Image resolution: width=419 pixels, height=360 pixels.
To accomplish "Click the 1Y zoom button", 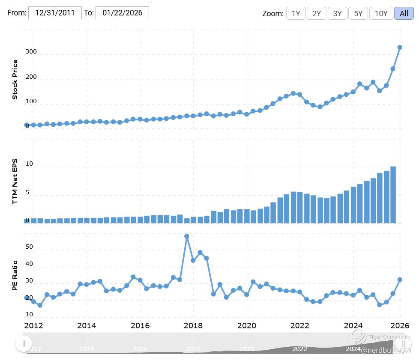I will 296,13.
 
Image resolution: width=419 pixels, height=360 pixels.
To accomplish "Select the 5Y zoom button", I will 358,13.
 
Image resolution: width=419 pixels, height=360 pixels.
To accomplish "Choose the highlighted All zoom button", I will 404,13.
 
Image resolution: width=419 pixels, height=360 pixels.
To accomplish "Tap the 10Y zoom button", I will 381,13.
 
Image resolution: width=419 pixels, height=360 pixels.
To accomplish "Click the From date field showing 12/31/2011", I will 55,13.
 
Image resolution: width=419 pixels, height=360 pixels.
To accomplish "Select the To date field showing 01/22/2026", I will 122,13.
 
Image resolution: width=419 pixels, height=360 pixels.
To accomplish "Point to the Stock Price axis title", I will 15,80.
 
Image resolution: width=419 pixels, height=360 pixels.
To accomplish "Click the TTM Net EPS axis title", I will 15,180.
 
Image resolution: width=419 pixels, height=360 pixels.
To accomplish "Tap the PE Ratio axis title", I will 15,274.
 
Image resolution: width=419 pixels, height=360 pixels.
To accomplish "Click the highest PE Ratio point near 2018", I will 186,236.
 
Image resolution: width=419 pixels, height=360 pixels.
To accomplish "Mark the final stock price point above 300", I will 400,48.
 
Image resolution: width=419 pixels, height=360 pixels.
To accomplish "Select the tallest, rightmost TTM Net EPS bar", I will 393,195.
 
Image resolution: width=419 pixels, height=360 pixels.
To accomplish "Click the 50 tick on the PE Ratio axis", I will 29,247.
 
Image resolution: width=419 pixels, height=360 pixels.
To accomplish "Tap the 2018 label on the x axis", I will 193,325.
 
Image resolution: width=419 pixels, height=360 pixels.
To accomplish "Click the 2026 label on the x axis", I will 401,325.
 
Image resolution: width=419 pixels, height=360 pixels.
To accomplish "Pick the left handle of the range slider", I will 24,343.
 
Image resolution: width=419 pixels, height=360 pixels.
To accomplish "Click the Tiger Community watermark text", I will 389,337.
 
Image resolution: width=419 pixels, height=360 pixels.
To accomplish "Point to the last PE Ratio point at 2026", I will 400,280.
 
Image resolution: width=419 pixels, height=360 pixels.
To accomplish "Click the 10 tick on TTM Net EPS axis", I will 29,164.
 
